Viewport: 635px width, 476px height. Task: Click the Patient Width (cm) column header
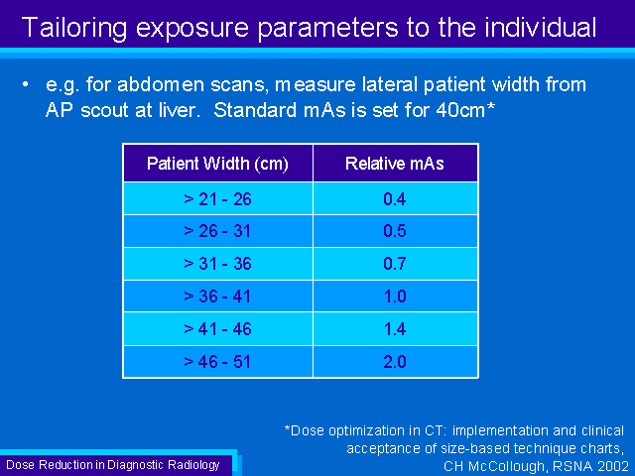(x=217, y=164)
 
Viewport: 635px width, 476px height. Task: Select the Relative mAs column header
(x=395, y=164)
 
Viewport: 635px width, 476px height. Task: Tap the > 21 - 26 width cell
(x=217, y=199)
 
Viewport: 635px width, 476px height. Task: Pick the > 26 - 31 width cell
(x=217, y=231)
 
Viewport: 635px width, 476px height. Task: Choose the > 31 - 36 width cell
(x=217, y=264)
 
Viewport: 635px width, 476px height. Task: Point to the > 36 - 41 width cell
(x=217, y=297)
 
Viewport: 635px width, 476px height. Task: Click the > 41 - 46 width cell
(x=217, y=329)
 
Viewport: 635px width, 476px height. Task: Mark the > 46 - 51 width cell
(x=217, y=361)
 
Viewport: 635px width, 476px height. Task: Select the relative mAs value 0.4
(x=395, y=199)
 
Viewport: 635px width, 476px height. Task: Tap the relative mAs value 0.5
(x=395, y=231)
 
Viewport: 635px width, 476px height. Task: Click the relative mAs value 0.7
(x=395, y=264)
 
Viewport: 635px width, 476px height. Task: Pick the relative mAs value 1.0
(x=395, y=297)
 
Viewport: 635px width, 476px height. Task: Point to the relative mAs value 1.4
(x=395, y=329)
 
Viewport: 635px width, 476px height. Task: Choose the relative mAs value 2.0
(x=395, y=361)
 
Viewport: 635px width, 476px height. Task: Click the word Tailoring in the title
(x=74, y=29)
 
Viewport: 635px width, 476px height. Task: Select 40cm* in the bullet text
(x=465, y=110)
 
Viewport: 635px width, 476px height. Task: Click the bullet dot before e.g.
(x=26, y=84)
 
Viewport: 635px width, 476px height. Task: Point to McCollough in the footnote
(x=506, y=466)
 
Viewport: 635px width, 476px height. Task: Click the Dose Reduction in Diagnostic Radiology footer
(x=113, y=465)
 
